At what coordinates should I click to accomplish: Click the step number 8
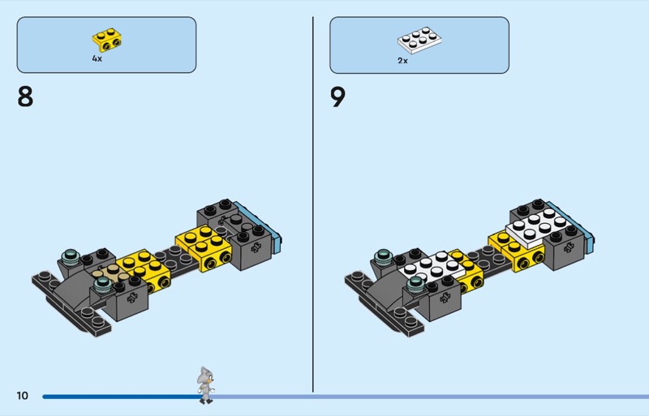click(25, 96)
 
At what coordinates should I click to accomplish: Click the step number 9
click(337, 97)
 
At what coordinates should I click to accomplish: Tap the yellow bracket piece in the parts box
click(107, 40)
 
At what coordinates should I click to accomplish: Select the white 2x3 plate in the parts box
click(419, 41)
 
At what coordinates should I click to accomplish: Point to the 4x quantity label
click(97, 58)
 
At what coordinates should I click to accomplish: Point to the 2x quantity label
click(402, 61)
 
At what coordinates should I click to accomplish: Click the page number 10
click(23, 396)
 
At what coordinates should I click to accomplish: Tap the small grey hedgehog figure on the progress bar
click(205, 385)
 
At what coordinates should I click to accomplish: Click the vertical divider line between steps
click(313, 204)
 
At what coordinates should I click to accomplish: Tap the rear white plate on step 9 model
click(539, 227)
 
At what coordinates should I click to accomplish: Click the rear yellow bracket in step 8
click(204, 248)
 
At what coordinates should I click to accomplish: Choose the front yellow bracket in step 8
click(144, 270)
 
